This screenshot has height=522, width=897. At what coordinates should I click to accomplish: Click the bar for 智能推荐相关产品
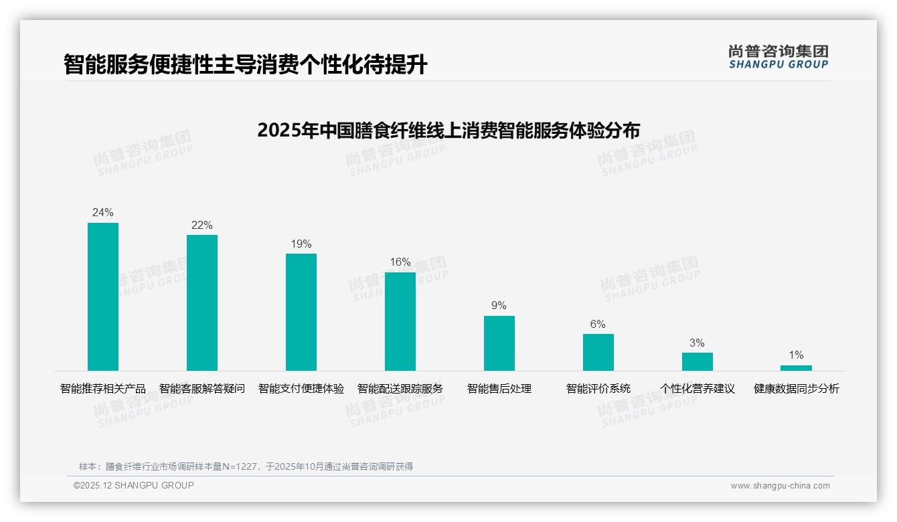point(103,296)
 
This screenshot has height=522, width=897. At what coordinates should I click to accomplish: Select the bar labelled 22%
point(202,302)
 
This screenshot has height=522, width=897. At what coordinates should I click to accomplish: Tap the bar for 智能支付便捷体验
point(301,312)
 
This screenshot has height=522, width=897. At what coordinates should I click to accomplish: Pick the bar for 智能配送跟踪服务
point(400,321)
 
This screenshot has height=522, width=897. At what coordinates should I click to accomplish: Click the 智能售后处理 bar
point(499,343)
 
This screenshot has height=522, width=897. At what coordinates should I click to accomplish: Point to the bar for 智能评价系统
point(598,352)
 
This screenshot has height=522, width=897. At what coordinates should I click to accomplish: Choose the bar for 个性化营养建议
point(698,361)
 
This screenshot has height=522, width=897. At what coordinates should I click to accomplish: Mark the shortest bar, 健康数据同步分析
point(796,368)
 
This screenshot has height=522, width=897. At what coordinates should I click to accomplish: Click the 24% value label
point(103,213)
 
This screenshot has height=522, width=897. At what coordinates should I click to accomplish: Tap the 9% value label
point(499,306)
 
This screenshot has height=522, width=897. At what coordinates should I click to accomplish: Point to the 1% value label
point(796,355)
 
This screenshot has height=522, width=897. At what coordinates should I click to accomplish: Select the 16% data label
point(400,262)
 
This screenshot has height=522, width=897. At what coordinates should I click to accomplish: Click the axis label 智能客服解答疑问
point(202,389)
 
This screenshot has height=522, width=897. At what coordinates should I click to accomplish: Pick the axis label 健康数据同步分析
point(797,389)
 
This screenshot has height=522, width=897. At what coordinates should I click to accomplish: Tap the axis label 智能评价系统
point(598,389)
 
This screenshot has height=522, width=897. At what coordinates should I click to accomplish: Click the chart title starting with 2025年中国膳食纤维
point(448,130)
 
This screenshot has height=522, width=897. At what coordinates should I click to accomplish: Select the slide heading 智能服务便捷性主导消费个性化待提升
point(246,65)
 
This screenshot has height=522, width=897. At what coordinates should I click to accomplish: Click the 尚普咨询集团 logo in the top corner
point(779,57)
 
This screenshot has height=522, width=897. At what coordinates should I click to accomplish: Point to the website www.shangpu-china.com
point(780,486)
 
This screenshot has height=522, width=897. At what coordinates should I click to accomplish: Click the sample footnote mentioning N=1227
point(246,466)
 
